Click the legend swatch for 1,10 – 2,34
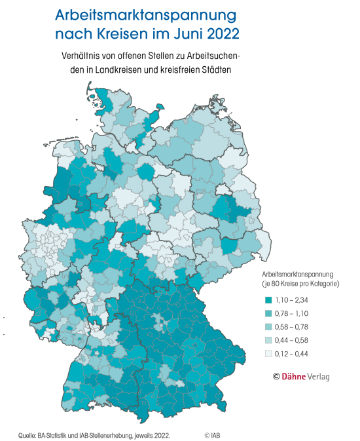click(x=269, y=299)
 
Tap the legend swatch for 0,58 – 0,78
click(x=269, y=327)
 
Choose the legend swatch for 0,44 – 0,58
click(x=269, y=340)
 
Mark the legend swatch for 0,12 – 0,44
click(x=269, y=354)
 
